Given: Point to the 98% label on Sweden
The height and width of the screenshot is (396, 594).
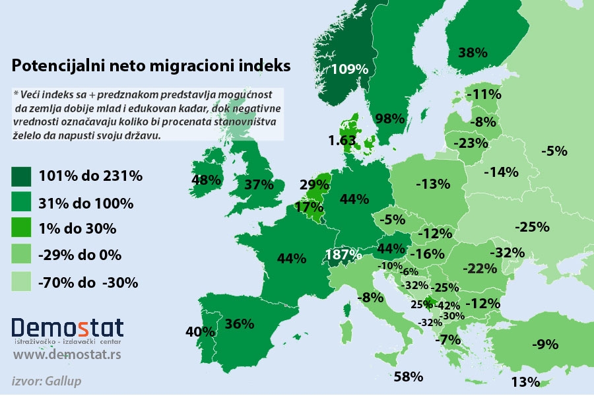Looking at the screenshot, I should (389, 119).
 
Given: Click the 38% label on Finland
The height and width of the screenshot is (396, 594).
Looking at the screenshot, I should (473, 52).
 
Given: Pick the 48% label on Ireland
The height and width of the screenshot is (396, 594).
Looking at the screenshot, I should (205, 180).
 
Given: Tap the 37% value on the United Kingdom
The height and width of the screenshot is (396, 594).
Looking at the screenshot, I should (259, 185).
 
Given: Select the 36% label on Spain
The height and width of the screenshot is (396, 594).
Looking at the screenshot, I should (239, 323).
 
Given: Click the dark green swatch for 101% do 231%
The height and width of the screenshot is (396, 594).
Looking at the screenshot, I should (22, 176).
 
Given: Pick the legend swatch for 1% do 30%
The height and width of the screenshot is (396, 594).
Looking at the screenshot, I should (22, 229).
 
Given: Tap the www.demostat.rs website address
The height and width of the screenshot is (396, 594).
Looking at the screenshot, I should (67, 356).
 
